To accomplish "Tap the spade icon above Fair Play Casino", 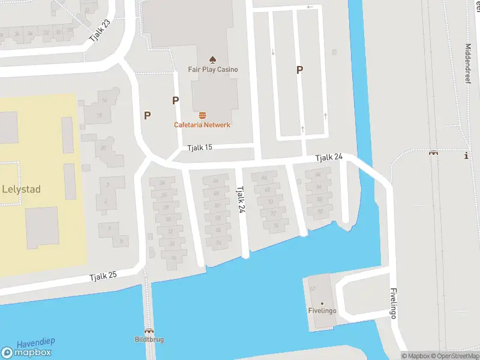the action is point(212,59).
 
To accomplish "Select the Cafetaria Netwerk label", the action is point(202,125).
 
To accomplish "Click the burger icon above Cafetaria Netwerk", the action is point(202,115).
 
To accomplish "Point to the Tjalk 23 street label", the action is point(100,30).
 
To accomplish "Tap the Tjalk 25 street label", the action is point(103,277).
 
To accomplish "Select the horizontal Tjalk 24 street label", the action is point(329,157).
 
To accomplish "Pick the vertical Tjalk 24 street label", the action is point(241,199).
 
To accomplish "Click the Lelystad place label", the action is point(22,189).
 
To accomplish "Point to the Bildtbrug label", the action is point(149,340).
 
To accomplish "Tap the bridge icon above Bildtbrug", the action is point(148,331).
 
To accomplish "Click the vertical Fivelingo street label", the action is point(394,304).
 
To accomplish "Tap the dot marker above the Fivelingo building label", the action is point(322,303).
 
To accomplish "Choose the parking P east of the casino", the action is point(299,70).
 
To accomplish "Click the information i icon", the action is point(466,156).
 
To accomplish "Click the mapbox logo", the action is point(28,353).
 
